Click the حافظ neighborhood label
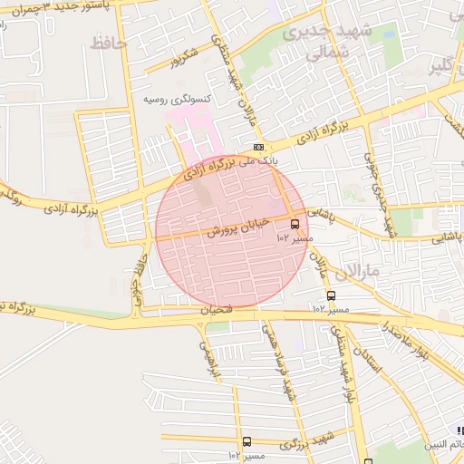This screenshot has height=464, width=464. pyautogui.click(x=109, y=42)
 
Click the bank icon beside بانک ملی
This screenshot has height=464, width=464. pyautogui.click(x=259, y=147)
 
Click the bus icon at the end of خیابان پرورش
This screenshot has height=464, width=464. pyautogui.click(x=295, y=224)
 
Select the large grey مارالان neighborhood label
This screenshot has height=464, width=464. pyautogui.click(x=336, y=269)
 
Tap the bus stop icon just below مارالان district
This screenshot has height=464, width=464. pyautogui.click(x=330, y=295)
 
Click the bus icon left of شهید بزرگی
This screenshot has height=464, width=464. pyautogui.click(x=246, y=441)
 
